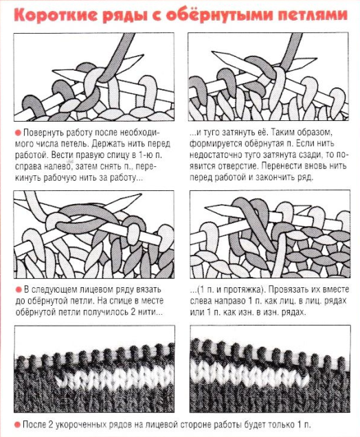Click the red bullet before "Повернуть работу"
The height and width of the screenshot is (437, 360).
18,133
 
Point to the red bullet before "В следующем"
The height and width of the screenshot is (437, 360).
19,290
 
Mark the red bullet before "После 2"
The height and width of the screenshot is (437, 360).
18,425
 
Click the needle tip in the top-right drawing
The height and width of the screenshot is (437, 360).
213,52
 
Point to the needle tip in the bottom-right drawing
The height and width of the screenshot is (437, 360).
206,208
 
